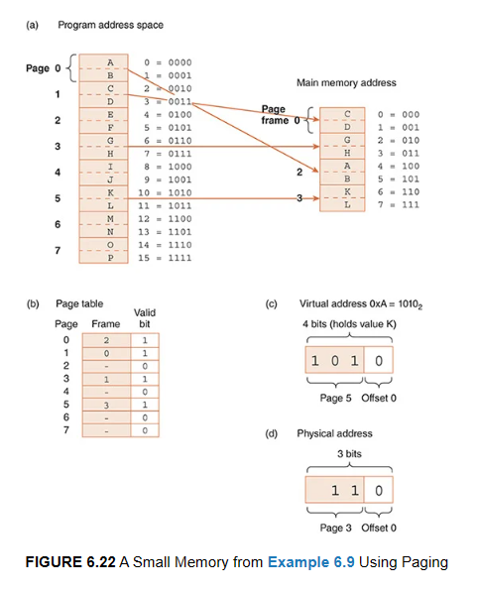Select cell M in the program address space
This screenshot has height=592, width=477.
pyautogui.click(x=110, y=217)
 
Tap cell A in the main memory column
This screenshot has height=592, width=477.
pyautogui.click(x=346, y=167)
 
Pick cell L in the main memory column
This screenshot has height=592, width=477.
pyautogui.click(x=346, y=204)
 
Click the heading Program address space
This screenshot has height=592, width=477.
pyautogui.click(x=111, y=23)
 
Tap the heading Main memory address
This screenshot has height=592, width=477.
pyautogui.click(x=346, y=84)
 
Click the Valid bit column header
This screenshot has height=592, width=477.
pyautogui.click(x=144, y=317)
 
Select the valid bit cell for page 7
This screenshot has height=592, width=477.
pyautogui.click(x=145, y=431)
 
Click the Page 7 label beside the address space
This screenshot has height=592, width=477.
pyautogui.click(x=58, y=251)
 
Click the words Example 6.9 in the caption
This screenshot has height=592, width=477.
pyautogui.click(x=309, y=562)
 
